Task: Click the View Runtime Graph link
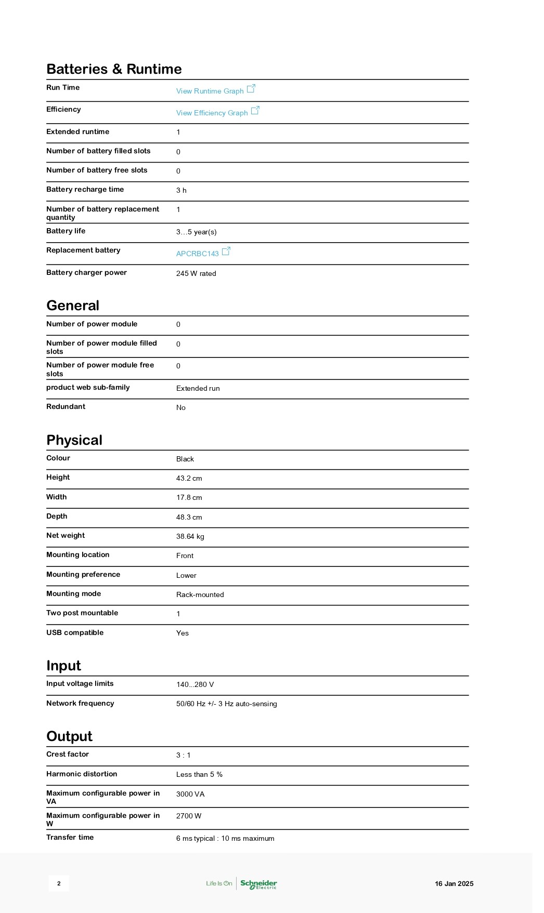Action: [210, 91]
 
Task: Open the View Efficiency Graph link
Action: [212, 113]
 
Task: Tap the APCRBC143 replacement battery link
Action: [198, 254]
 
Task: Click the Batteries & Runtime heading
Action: [114, 69]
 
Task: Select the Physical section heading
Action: [74, 440]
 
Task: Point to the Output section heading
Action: [69, 736]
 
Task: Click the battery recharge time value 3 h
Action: [182, 190]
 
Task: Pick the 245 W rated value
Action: [196, 273]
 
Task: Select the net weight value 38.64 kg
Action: [190, 536]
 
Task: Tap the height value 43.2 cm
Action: [189, 478]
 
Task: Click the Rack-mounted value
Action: [200, 594]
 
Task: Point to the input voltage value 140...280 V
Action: [195, 684]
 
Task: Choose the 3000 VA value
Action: [190, 794]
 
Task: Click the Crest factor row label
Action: [68, 754]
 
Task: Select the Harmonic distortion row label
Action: [82, 774]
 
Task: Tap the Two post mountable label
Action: [82, 613]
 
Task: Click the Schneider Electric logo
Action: [258, 883]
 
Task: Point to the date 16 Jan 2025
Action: [454, 883]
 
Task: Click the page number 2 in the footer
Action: [59, 883]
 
